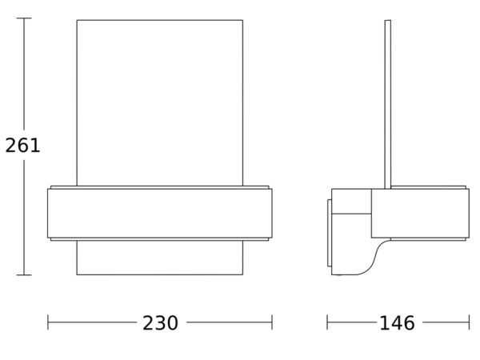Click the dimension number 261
[x=22, y=145]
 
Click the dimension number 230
[x=160, y=323]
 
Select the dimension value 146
[x=397, y=323]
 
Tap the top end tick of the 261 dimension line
[x=24, y=18]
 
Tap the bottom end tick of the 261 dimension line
[x=24, y=275]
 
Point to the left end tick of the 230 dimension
[x=48, y=322]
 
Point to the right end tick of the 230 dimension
[x=272, y=322]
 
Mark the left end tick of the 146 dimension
[x=327, y=322]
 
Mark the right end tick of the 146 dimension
[x=469, y=322]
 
